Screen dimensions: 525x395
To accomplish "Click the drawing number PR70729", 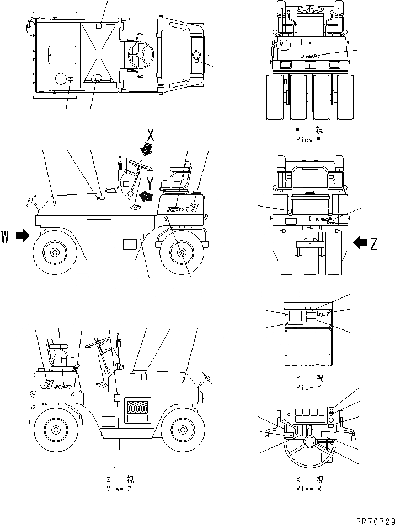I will point(372,519).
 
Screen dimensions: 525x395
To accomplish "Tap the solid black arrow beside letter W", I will point(22,236).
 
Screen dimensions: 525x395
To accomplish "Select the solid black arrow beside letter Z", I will point(360,242).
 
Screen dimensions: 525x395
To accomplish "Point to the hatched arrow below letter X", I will point(147,149).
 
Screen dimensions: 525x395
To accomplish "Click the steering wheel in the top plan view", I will point(137,53).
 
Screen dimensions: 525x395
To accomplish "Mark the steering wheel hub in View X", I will point(309,442).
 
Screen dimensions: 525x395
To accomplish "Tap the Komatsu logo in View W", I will point(312,55).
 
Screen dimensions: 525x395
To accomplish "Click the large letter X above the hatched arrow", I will point(150,134).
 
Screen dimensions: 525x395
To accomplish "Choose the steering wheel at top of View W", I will point(310,9).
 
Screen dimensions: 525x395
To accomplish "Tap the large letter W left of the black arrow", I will point(6,237).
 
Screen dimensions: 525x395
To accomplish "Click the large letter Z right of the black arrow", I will point(375,243).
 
